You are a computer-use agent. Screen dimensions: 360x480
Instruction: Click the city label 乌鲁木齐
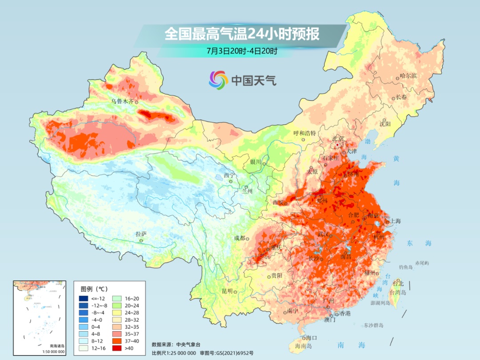click(122, 101)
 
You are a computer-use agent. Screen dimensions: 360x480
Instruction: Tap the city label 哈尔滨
click(408, 76)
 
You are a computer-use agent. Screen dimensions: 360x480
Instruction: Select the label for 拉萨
click(141, 234)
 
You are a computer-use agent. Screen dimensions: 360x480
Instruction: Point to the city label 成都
click(240, 238)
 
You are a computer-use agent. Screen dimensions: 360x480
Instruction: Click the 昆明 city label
click(227, 291)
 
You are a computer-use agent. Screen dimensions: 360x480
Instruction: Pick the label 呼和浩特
click(304, 133)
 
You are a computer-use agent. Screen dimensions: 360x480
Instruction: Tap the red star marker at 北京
click(338, 145)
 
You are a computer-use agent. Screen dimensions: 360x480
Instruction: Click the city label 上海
click(396, 221)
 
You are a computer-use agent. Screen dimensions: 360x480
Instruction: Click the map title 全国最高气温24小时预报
click(242, 34)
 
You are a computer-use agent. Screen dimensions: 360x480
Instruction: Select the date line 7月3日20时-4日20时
click(242, 51)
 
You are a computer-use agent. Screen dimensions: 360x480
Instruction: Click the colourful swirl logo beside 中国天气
click(218, 80)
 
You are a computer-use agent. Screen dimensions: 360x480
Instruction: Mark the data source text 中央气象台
click(188, 344)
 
